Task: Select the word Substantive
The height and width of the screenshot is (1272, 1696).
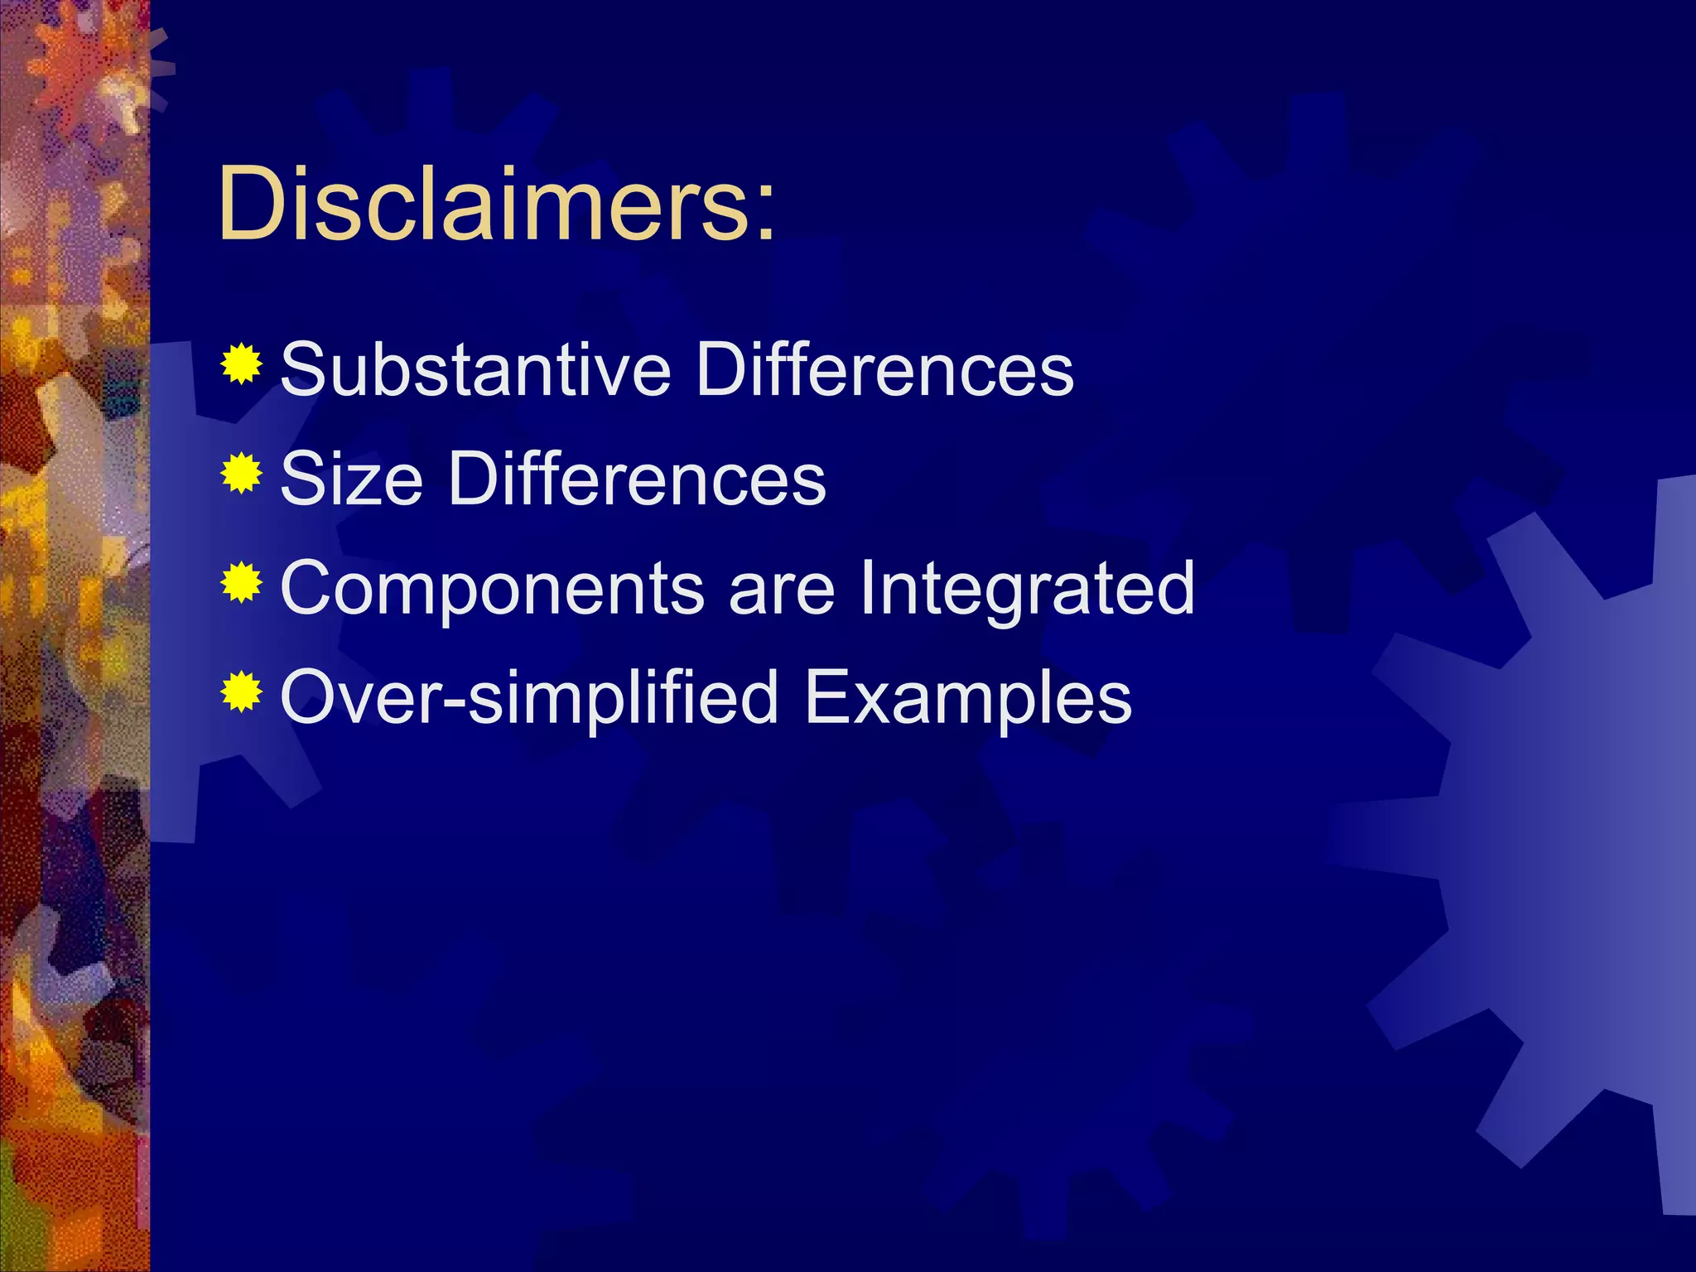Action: point(475,369)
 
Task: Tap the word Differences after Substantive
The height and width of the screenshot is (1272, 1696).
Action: point(884,369)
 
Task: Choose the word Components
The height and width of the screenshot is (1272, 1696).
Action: point(493,590)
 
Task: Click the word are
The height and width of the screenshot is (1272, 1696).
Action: point(782,590)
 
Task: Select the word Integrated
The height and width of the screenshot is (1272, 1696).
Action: point(1028,590)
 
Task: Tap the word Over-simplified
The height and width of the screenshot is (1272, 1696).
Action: point(530,699)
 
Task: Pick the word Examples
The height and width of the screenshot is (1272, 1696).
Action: point(967,699)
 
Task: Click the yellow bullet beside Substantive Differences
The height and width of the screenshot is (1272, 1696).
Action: point(242,364)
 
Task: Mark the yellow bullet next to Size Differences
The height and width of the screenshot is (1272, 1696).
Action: point(242,473)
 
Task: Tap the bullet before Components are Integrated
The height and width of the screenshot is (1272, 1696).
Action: point(242,583)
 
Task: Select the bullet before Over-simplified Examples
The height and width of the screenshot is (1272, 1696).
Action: point(242,692)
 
